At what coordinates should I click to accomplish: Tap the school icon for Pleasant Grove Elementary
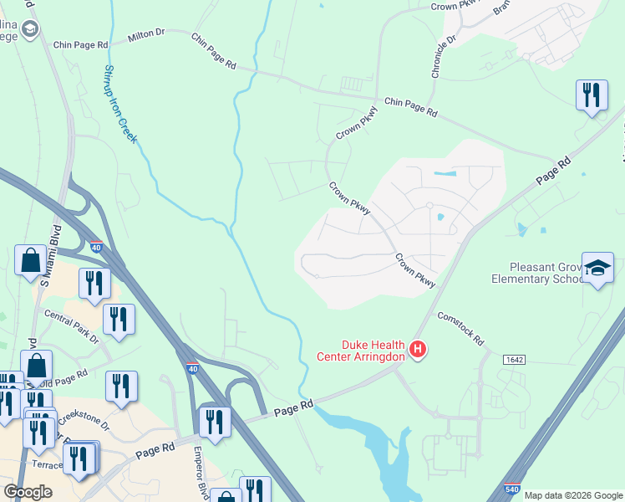(597, 268)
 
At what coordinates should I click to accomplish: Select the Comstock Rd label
(461, 328)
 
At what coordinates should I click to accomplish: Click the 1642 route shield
(514, 359)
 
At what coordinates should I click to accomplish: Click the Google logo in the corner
(28, 491)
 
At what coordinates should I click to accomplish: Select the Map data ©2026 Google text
(573, 495)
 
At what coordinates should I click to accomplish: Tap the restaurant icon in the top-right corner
(592, 95)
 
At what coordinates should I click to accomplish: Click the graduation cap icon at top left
(31, 30)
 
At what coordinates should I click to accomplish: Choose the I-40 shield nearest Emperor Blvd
(192, 367)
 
